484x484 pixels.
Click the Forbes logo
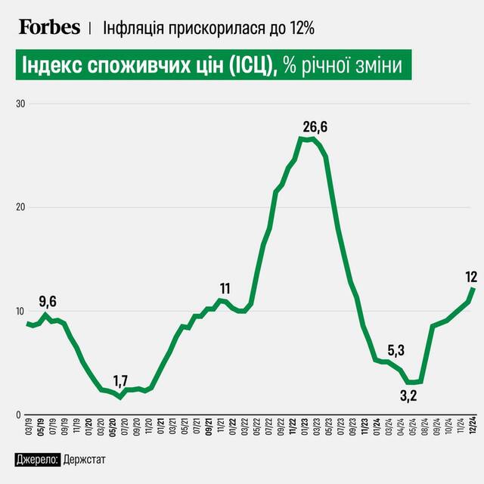click(x=49, y=27)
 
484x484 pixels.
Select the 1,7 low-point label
click(x=121, y=380)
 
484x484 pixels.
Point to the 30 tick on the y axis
click(x=20, y=104)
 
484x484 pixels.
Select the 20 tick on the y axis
click(x=20, y=207)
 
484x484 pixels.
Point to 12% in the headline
click(x=300, y=28)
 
